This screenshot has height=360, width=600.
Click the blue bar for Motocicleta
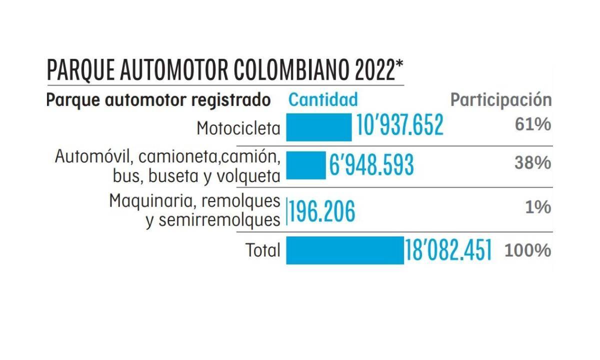tap(318, 127)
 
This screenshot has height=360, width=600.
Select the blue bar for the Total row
tap(344, 250)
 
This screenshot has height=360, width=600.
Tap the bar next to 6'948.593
tap(305, 165)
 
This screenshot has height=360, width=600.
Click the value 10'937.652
tap(399, 125)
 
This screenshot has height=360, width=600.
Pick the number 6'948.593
tap(371, 165)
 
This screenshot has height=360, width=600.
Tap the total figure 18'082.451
tap(448, 250)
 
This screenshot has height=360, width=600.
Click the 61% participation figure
tap(533, 124)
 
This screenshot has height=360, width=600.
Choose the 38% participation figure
tap(533, 163)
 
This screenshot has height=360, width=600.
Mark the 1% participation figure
tap(538, 207)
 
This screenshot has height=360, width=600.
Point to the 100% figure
tap(528, 250)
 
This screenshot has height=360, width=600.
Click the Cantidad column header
tap(323, 99)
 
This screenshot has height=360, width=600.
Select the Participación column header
tap(501, 99)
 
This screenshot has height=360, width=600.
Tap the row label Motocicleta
tap(238, 128)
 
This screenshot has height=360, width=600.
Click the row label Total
tap(263, 250)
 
